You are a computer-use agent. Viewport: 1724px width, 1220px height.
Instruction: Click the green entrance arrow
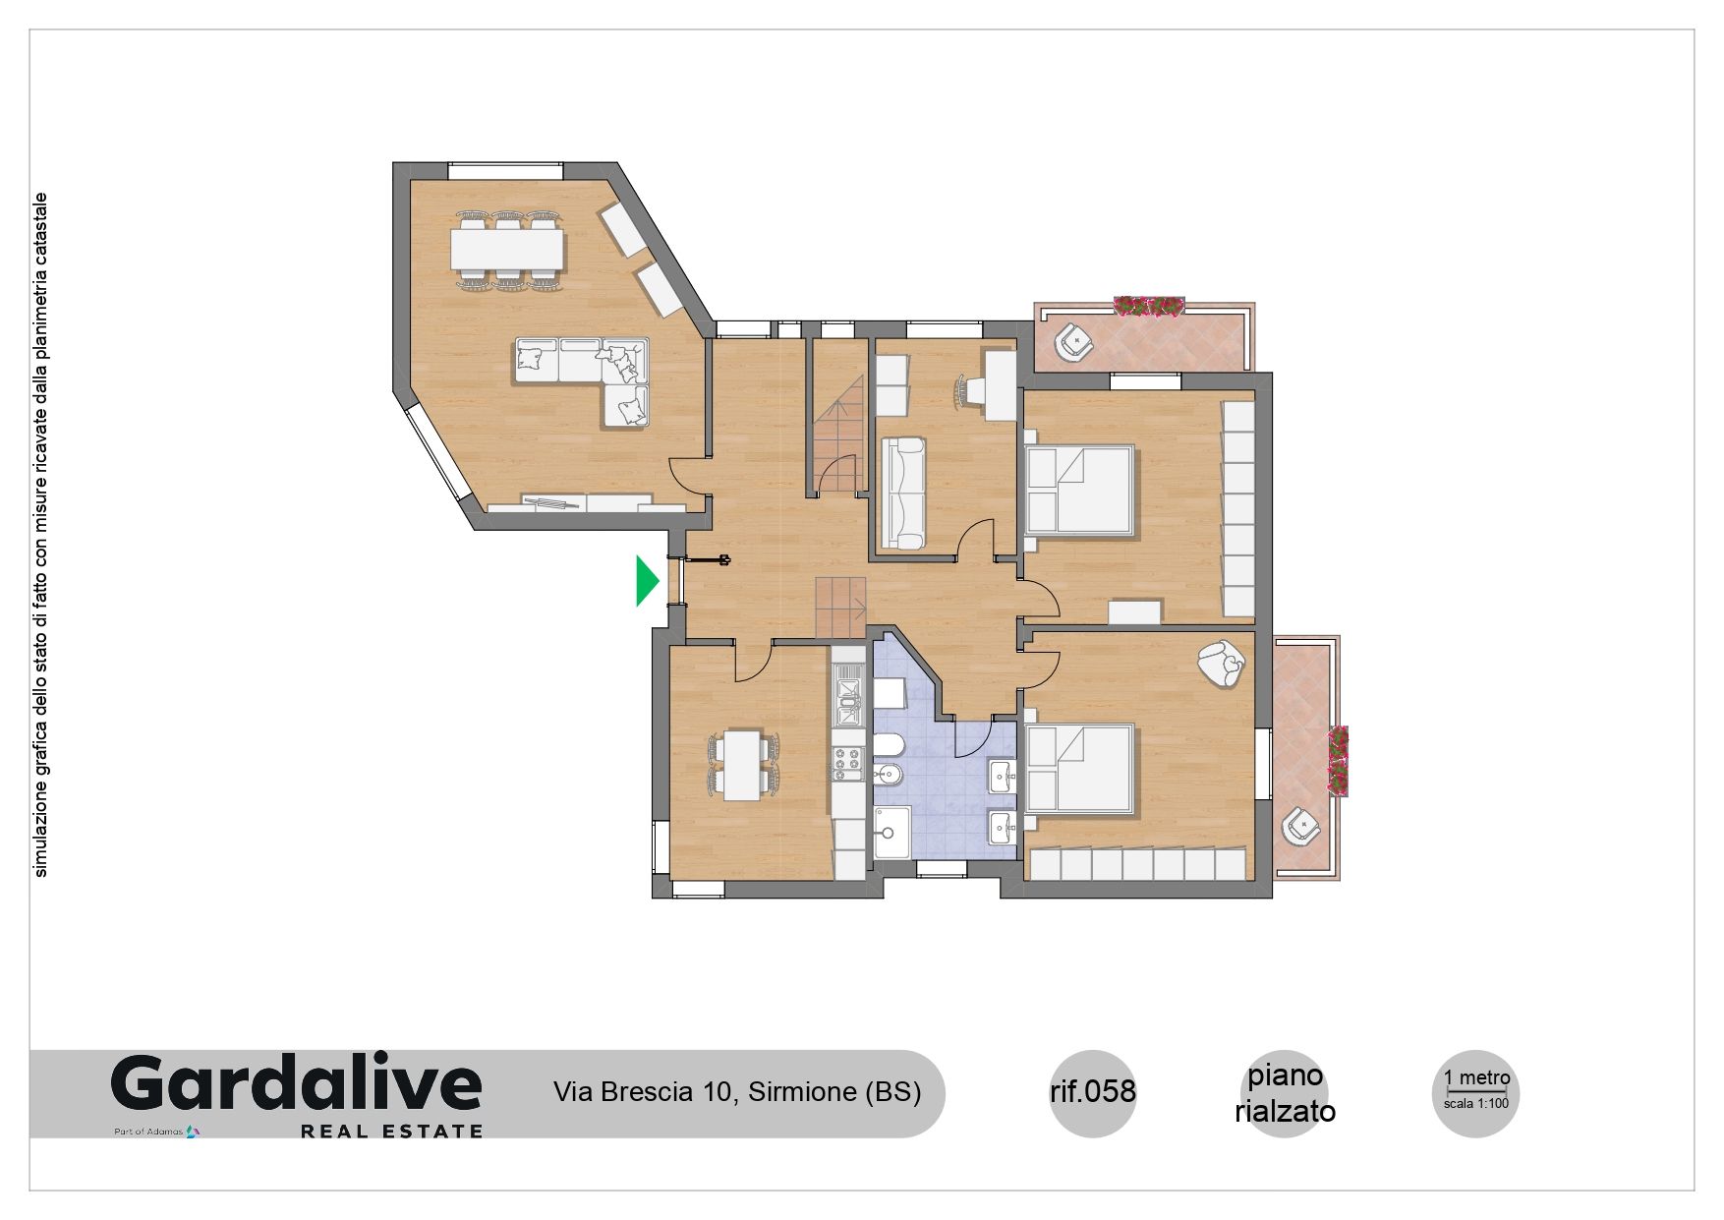[x=645, y=580]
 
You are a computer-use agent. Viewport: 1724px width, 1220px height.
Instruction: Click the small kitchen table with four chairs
[x=744, y=765]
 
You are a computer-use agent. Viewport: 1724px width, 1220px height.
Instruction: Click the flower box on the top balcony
[x=1149, y=306]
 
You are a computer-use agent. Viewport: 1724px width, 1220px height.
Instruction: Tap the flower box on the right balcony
[x=1338, y=761]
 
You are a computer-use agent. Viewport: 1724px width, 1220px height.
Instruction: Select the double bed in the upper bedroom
[x=1080, y=490]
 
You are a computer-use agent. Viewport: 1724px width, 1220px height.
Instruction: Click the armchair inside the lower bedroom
[x=1222, y=666]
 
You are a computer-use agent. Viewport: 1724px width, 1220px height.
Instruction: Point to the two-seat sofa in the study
[x=902, y=493]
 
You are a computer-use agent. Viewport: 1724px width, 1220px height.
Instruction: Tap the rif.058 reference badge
[x=1093, y=1091]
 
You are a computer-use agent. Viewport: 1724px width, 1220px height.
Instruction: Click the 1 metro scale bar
[x=1476, y=1090]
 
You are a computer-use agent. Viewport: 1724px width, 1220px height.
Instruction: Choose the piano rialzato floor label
[x=1285, y=1093]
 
